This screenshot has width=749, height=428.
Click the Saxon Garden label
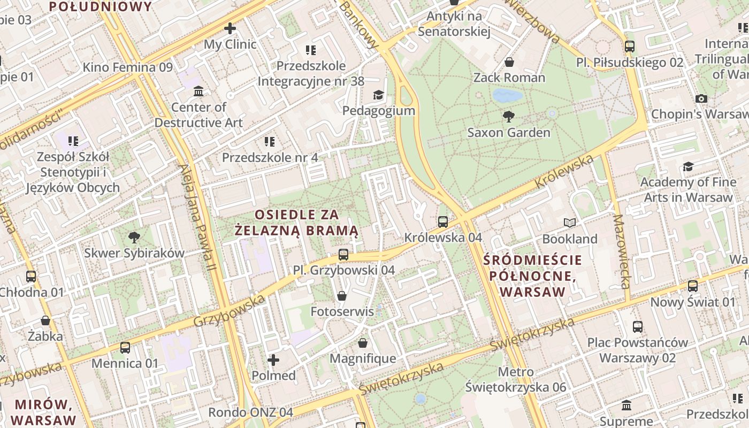[x=508, y=133]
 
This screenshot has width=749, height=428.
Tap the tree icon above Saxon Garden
[x=509, y=116]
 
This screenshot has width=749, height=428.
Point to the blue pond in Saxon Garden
[x=507, y=96]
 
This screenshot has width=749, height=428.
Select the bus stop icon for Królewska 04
[x=443, y=221]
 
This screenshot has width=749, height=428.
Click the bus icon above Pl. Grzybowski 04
[x=343, y=255]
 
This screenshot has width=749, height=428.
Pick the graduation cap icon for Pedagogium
[x=379, y=95]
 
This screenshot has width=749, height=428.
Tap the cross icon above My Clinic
[x=230, y=28]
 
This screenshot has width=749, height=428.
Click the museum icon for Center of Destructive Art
[x=198, y=91]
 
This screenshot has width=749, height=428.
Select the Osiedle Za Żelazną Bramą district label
[x=296, y=223]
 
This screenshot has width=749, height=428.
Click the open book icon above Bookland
[x=570, y=223]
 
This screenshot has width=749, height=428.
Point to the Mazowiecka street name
[x=622, y=251]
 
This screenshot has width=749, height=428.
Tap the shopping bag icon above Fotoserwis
[x=342, y=296]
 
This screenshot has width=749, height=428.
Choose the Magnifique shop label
[x=363, y=358]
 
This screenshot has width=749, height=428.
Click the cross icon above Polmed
[x=273, y=360]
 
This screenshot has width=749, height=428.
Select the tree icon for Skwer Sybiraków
[x=134, y=237]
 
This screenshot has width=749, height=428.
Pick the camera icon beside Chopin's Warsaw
[x=701, y=98]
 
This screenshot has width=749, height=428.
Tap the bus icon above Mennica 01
[x=125, y=348]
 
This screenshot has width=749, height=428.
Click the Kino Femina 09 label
[x=127, y=67]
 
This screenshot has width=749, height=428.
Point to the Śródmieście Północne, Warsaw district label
[x=532, y=276]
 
